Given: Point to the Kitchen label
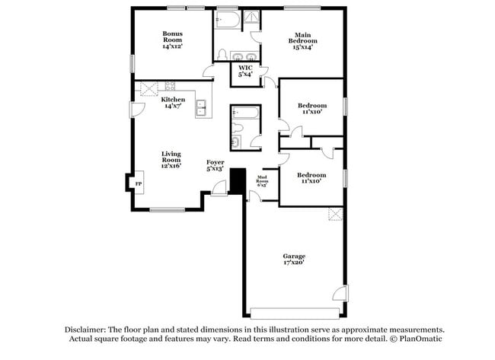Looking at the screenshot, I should point(172,103).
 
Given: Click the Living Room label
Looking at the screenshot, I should point(171,160).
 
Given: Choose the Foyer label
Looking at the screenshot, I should point(216,165).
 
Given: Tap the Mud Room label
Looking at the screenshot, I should point(262,180).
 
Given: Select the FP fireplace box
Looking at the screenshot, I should point(138,183).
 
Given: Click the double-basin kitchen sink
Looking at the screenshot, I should point(203,108).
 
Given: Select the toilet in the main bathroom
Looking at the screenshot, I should point(220,54).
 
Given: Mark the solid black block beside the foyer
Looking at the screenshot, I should point(237,181).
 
